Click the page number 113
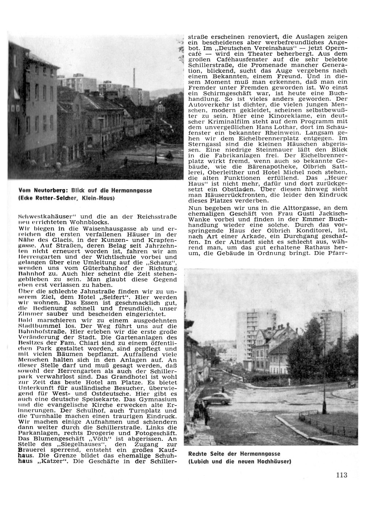341,475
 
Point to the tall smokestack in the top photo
134,76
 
